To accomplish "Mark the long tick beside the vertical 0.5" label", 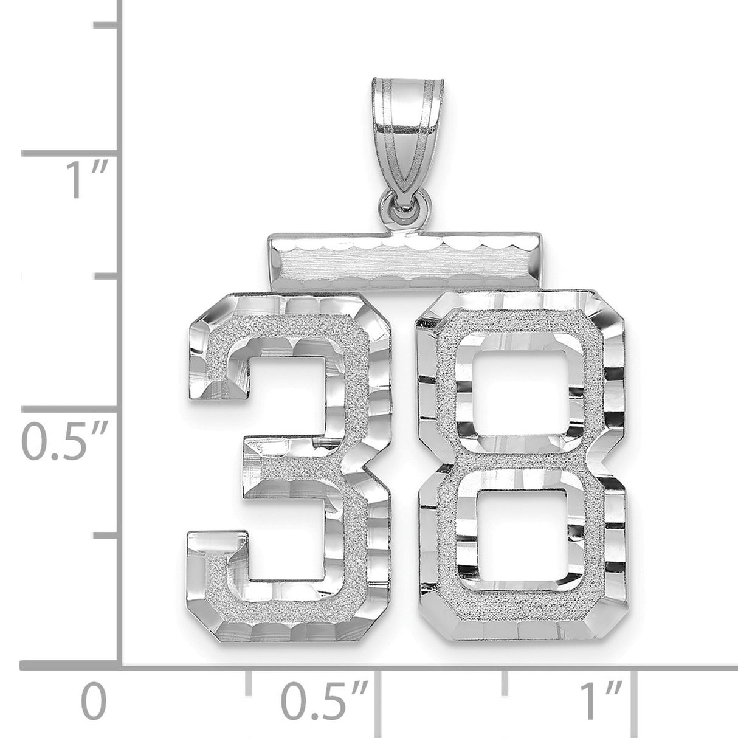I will (71, 407).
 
